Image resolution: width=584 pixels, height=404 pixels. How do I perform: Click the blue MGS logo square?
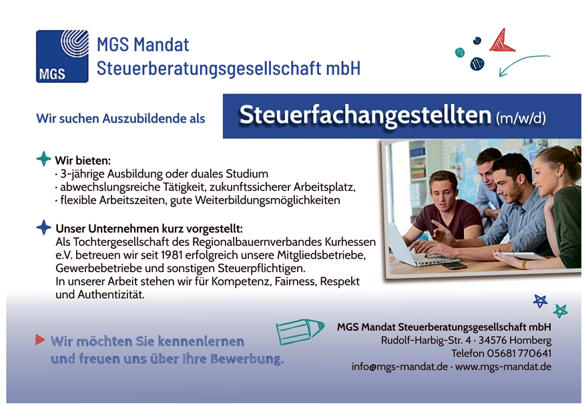62,56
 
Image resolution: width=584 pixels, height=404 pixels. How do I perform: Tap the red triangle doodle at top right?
503,41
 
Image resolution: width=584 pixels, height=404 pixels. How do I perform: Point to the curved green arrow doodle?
521,63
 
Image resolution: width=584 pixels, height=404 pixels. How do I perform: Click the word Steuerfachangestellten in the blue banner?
365,115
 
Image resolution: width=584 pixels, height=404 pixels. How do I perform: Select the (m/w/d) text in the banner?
521,118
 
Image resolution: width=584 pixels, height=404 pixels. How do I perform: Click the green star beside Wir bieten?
43,159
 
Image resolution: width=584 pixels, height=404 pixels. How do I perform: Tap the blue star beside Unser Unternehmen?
43,227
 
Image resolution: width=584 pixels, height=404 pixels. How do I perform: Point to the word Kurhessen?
350,242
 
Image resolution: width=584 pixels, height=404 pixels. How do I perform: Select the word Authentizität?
111,295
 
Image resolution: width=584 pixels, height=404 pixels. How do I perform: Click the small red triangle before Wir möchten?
40,339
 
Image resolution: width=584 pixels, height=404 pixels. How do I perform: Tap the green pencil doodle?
300,331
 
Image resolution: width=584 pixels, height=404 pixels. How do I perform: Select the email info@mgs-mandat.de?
400,367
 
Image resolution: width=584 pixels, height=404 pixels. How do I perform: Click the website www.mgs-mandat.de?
503,367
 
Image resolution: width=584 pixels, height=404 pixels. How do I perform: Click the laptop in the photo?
412,247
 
